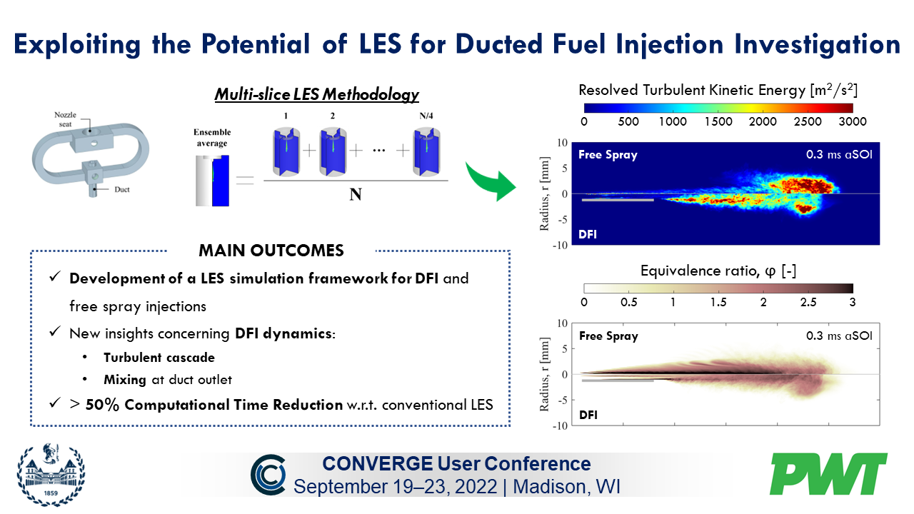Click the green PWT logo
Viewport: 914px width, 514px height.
pyautogui.click(x=828, y=474)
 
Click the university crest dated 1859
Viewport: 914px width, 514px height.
pyautogui.click(x=49, y=473)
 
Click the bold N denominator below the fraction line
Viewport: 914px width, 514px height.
pyautogui.click(x=355, y=194)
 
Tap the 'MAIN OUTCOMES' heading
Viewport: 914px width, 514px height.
pyautogui.click(x=271, y=251)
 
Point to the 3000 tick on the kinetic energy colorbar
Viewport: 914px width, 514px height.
pyautogui.click(x=852, y=121)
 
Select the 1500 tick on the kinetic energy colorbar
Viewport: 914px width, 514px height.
pyautogui.click(x=718, y=121)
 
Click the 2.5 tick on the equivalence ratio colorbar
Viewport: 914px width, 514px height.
pyautogui.click(x=808, y=302)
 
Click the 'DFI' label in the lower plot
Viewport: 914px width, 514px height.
pyautogui.click(x=588, y=414)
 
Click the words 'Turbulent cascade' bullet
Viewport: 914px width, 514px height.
pyautogui.click(x=159, y=358)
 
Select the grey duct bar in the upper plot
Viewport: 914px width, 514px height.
pyautogui.click(x=618, y=200)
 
